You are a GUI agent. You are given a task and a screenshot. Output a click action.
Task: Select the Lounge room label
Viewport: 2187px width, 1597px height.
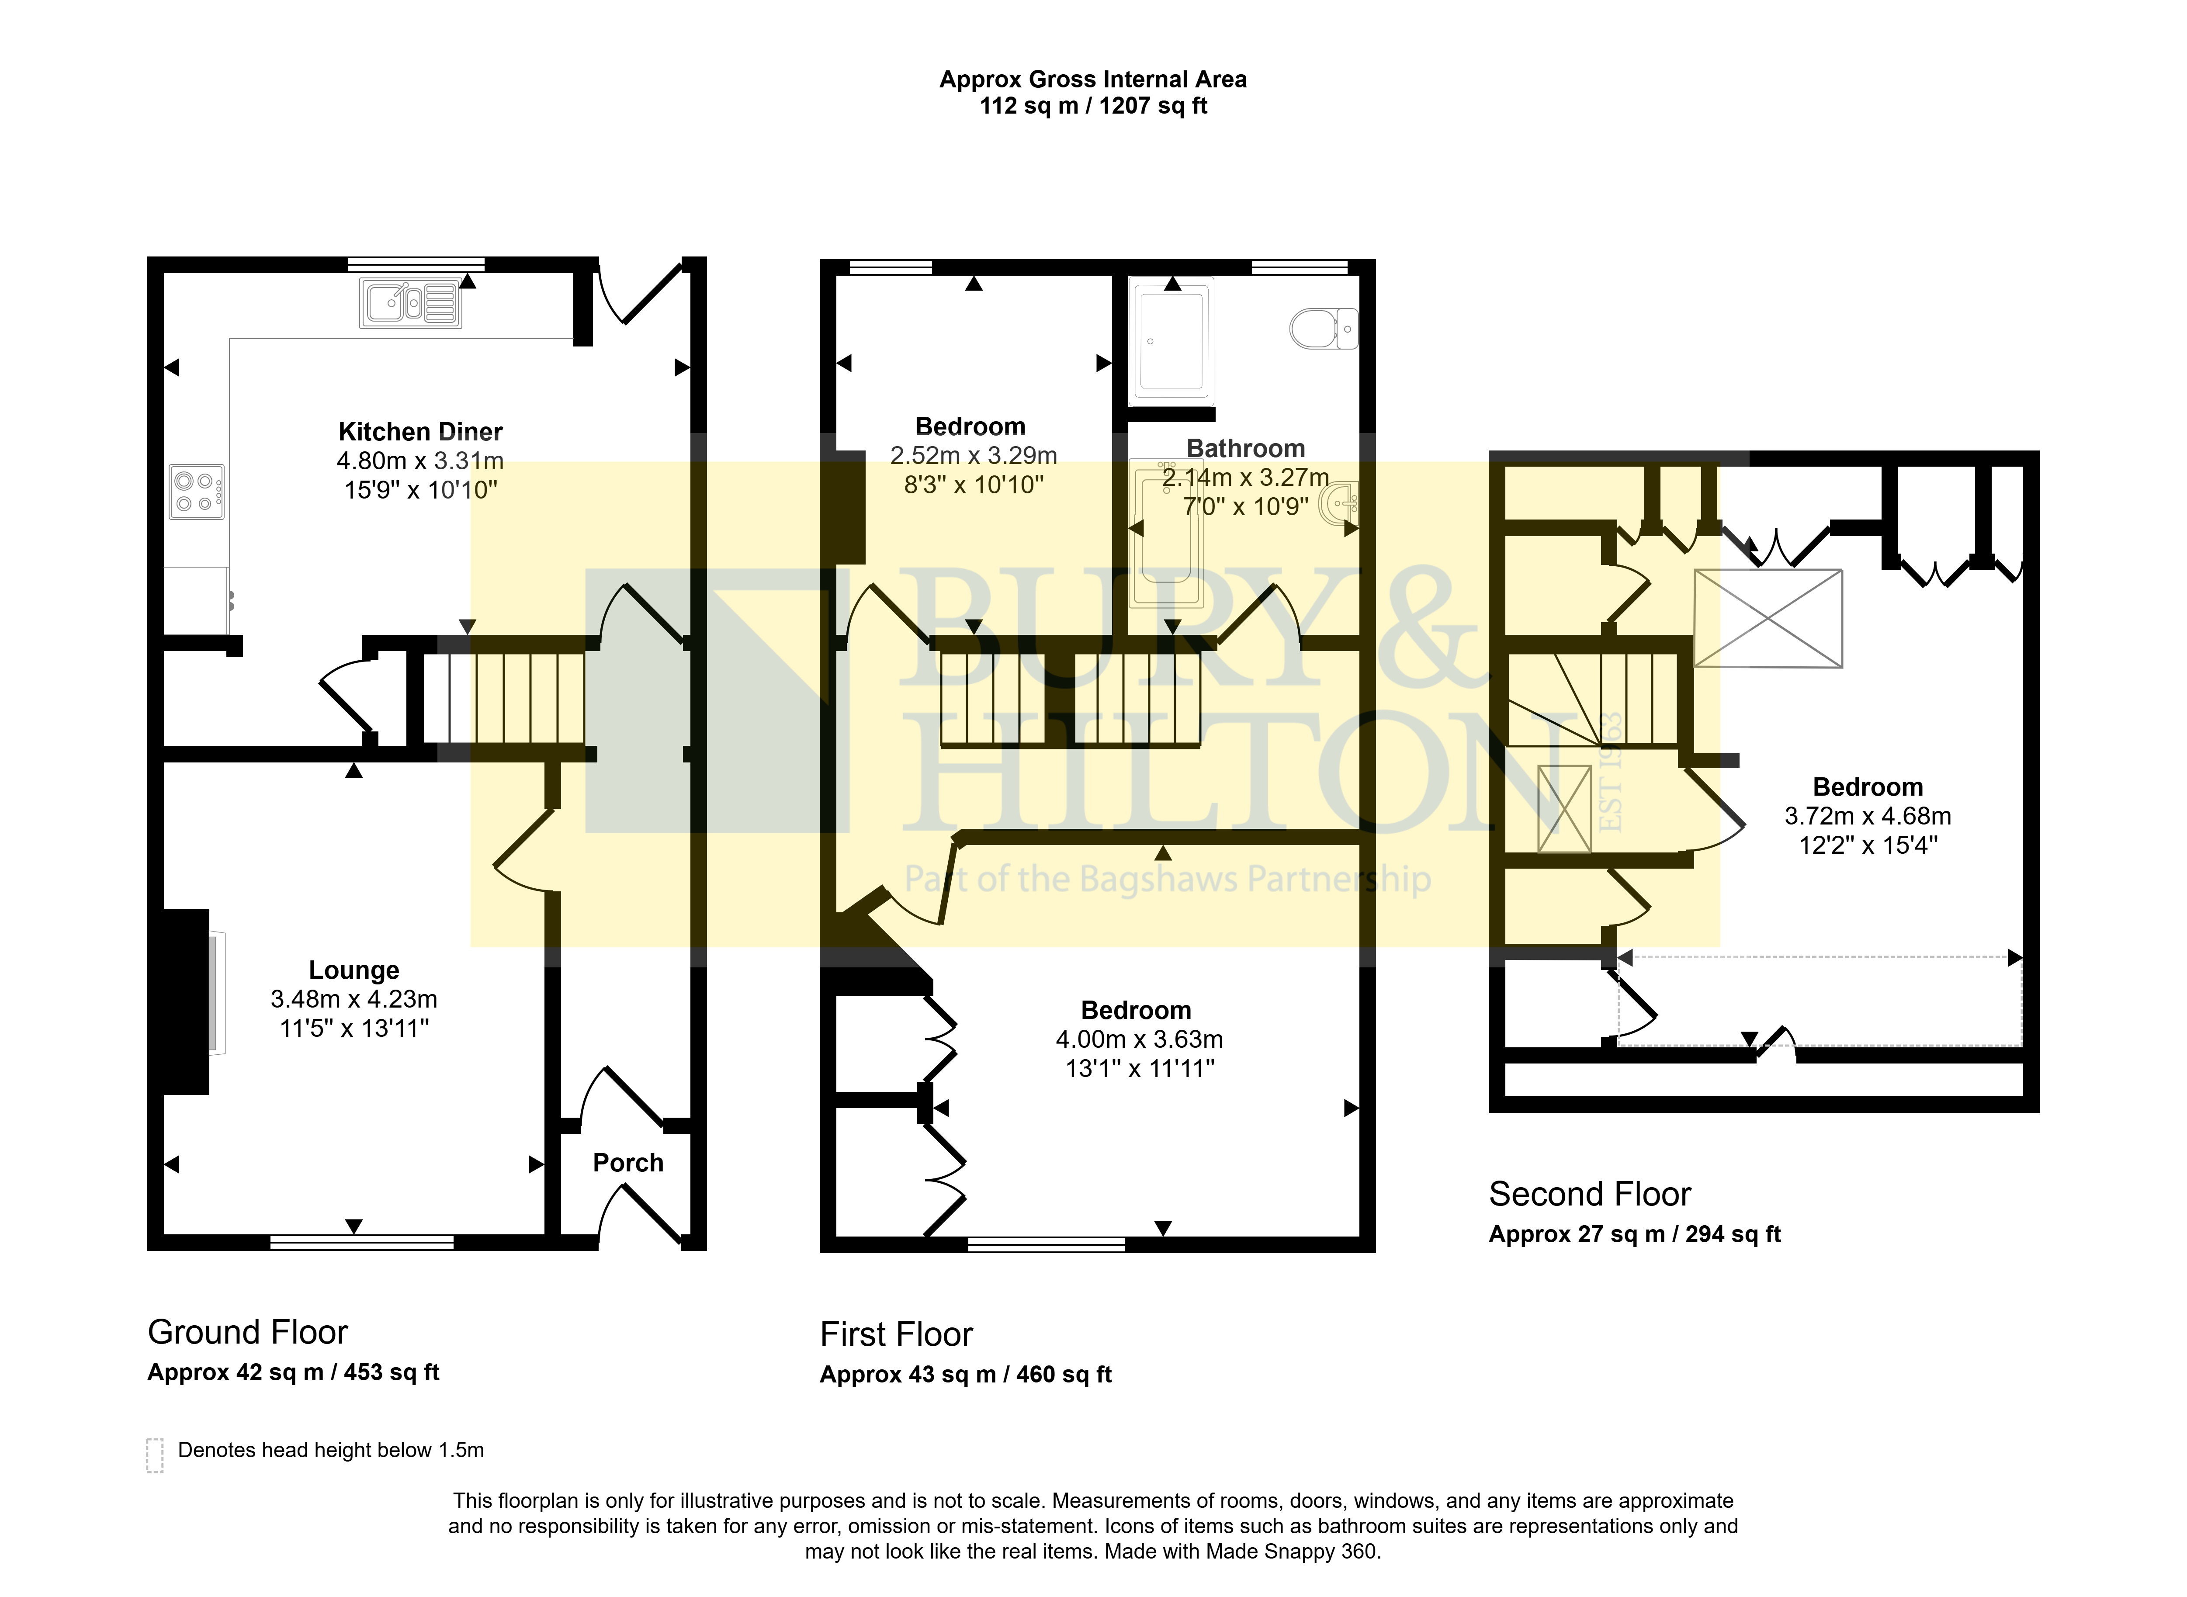pyautogui.click(x=354, y=970)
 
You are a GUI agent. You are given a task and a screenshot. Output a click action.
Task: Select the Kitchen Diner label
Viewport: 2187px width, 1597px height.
pyautogui.click(x=420, y=431)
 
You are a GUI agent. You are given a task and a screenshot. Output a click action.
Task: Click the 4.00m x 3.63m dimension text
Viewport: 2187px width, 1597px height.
pyautogui.click(x=1139, y=1039)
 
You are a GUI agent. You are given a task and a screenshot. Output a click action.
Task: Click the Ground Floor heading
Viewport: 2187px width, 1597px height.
pyautogui.click(x=247, y=1332)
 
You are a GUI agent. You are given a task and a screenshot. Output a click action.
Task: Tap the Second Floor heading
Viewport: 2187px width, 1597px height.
pyautogui.click(x=1590, y=1194)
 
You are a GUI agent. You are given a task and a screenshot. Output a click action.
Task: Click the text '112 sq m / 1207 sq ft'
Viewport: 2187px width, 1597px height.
pyautogui.click(x=1093, y=105)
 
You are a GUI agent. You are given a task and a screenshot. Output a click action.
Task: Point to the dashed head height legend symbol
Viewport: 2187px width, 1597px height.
pyautogui.click(x=155, y=1455)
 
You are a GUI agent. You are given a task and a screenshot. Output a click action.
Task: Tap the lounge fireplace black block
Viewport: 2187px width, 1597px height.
pyautogui.click(x=186, y=1001)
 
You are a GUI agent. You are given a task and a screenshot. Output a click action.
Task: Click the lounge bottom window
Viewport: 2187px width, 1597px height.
pyautogui.click(x=362, y=1242)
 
